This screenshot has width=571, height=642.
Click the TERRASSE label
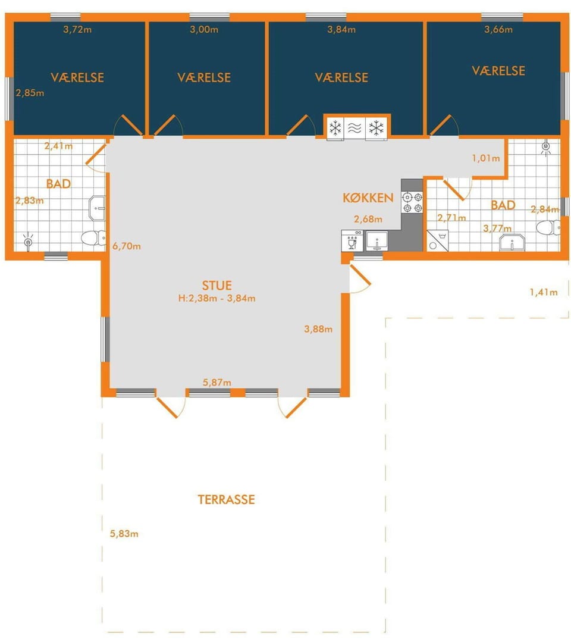coord(227,500)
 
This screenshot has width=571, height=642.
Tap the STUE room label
coord(217,286)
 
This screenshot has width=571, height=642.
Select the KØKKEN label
coord(368,198)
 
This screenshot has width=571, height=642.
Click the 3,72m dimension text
coord(77,29)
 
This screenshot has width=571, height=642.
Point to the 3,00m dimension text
coord(204,29)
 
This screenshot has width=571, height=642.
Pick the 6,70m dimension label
coord(127,246)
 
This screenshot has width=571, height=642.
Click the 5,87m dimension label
coord(217,383)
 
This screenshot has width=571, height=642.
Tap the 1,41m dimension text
coord(544,292)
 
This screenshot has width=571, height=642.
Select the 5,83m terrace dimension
coord(124,534)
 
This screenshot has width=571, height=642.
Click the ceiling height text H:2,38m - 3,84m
coord(217,298)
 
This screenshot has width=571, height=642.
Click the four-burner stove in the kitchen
coord(412,203)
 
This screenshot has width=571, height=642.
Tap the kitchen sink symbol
coord(377,241)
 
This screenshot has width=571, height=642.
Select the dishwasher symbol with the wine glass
coord(352,241)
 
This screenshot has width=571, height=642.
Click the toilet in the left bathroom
coord(94,238)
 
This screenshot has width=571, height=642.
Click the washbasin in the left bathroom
coord(97,208)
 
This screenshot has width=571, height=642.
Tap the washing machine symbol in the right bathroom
coord(438,240)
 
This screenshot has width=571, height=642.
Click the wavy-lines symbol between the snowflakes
coord(354,129)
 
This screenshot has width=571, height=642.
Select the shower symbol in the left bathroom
coord(28,242)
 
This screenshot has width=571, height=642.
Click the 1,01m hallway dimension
coord(486,158)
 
